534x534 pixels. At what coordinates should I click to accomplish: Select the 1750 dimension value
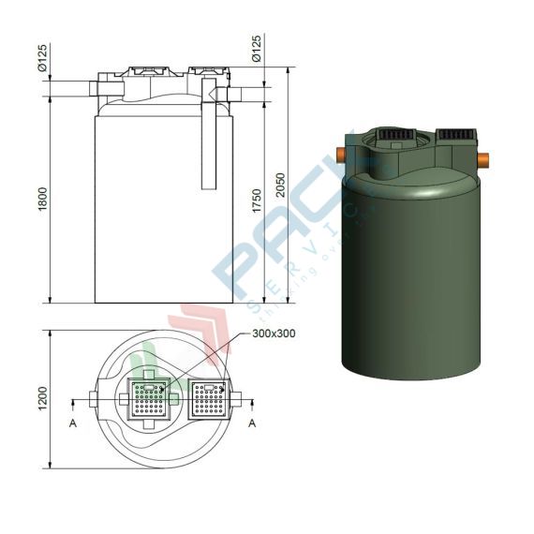[258, 199]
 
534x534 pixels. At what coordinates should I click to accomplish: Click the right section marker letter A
[252, 423]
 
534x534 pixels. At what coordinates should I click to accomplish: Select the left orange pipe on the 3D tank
[342, 154]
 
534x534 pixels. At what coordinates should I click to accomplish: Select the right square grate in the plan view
[205, 399]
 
